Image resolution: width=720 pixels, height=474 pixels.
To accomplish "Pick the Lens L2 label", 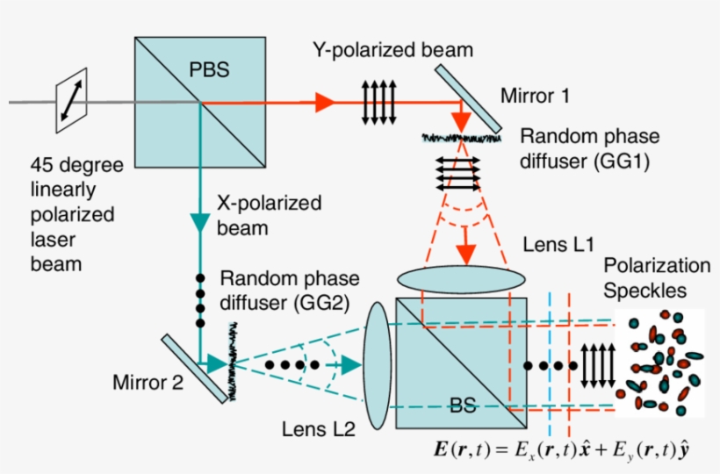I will (x=318, y=429).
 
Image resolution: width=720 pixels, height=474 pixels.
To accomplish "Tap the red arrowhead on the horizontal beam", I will (x=326, y=102).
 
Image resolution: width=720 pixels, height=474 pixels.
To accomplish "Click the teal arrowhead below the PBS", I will (x=201, y=224).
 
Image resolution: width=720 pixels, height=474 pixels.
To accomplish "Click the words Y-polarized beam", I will (x=392, y=50).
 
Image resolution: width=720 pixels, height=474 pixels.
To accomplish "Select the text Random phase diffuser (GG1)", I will (x=589, y=149).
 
